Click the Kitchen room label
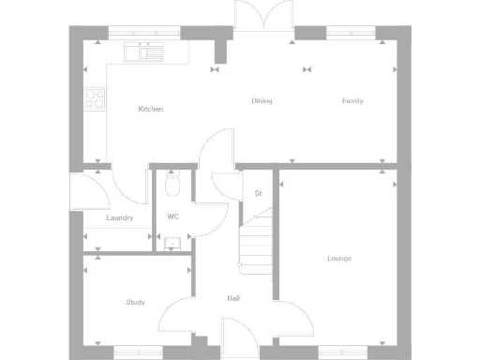pos(150,109)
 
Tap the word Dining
pos(262,100)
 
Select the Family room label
pos(352,100)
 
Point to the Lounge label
pos(338,258)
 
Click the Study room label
pos(135,302)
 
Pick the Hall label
pos(234,298)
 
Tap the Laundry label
pos(119,217)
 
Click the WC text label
pos(173,217)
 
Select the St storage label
pos(258,193)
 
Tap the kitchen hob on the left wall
pos(95,97)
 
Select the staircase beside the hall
pos(256,239)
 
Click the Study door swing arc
pos(175,317)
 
